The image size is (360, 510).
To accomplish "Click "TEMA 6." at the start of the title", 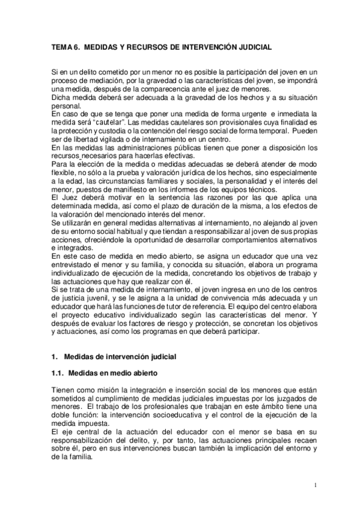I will [63, 46].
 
